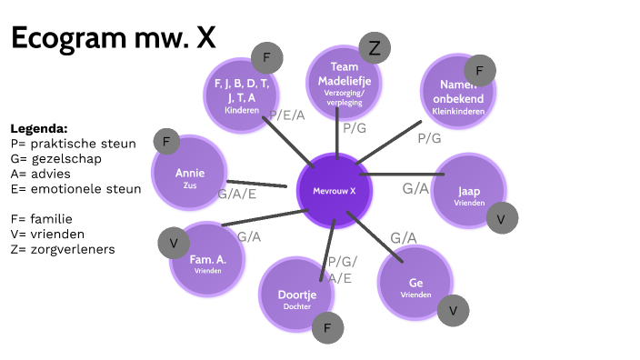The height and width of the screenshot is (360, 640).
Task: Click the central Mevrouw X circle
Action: pos(335,191)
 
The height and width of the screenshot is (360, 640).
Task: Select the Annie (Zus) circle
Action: pos(190,173)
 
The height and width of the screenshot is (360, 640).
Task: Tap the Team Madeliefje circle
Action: pos(345,85)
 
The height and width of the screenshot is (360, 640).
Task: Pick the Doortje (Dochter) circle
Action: pos(296,295)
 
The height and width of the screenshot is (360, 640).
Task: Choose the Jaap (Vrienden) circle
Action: pos(469,193)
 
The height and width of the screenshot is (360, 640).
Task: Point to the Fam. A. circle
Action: pos(207,261)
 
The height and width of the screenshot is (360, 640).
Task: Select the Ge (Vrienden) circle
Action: pos(416,285)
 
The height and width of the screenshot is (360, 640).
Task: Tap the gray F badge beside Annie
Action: pos(166,142)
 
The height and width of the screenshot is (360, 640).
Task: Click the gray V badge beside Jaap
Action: pos(501,218)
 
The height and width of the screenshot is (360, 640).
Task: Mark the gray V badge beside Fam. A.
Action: pos(173,243)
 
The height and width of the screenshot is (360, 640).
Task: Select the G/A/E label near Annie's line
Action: pos(236,194)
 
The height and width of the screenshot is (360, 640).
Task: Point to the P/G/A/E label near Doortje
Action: pos(343,270)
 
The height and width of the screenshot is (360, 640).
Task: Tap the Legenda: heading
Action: pos(39,128)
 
